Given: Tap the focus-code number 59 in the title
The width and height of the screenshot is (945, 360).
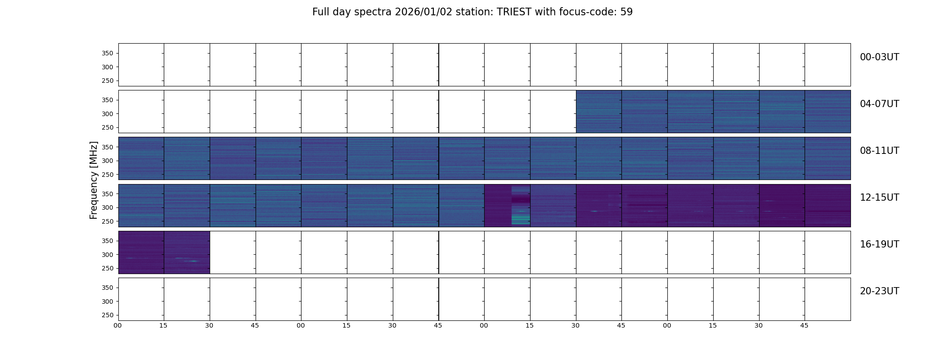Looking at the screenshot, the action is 626,12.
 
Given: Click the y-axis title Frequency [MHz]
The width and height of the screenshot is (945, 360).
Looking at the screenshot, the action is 94,180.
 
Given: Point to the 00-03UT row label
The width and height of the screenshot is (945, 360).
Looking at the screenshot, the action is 879,57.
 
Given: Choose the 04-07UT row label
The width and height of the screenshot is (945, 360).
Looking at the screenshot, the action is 879,104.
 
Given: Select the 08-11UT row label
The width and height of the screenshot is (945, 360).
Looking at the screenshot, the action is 879,151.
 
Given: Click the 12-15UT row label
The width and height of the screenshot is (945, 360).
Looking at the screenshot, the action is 879,198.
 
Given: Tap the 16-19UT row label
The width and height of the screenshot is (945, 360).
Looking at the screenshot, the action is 879,244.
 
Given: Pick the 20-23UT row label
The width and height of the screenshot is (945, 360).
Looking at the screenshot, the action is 879,291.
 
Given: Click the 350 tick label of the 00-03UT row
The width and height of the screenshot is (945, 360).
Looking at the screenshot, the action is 107,54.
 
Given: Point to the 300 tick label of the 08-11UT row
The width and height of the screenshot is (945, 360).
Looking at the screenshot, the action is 107,161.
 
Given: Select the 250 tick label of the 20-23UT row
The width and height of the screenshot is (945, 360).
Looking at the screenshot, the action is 107,315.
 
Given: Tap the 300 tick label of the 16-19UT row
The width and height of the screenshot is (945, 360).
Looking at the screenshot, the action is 107,255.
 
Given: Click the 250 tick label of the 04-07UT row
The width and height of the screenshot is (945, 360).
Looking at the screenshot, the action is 107,128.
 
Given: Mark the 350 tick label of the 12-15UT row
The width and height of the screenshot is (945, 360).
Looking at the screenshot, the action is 107,194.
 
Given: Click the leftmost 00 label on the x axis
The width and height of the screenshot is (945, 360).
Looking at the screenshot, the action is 117,326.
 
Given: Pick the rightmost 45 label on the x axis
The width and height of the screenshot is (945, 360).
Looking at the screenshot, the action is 804,326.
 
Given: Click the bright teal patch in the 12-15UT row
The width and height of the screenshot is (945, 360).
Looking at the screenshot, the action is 521,220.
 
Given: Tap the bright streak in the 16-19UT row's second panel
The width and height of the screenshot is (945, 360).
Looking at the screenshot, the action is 193,261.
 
